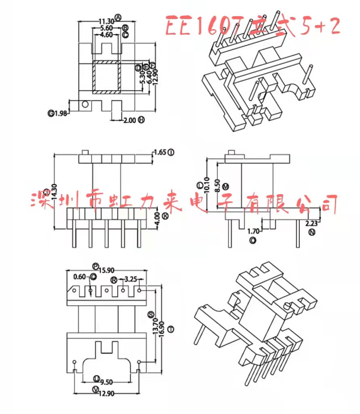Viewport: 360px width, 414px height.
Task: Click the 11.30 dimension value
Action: tap(106, 21)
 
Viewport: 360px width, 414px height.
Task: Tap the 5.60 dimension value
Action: tap(106, 28)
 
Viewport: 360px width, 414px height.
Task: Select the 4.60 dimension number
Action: tap(106, 35)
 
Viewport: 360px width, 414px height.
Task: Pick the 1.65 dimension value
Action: tap(160, 152)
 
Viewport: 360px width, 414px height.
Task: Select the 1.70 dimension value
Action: tap(253, 232)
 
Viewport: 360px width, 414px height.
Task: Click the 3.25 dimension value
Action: tap(131, 279)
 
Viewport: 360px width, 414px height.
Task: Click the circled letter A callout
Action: tap(118, 17)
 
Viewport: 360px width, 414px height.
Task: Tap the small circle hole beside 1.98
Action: tap(85, 105)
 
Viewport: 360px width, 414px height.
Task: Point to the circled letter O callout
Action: tap(253, 241)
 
